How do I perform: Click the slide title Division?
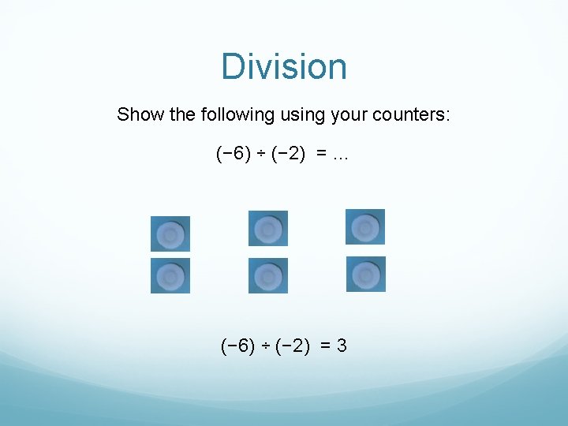point(284,66)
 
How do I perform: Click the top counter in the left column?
point(170,234)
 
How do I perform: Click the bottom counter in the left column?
point(170,276)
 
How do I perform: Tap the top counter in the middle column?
point(268,229)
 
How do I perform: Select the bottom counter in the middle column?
point(268,276)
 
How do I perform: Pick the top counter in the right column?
point(365,227)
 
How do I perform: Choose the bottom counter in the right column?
point(365,275)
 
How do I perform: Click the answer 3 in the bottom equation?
point(342,346)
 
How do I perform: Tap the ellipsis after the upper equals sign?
point(341,155)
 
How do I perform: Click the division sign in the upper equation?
point(262,155)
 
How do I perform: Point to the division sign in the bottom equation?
point(267,346)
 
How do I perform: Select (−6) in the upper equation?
point(234,155)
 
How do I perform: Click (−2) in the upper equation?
point(289,155)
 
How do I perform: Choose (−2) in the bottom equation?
point(293,346)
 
